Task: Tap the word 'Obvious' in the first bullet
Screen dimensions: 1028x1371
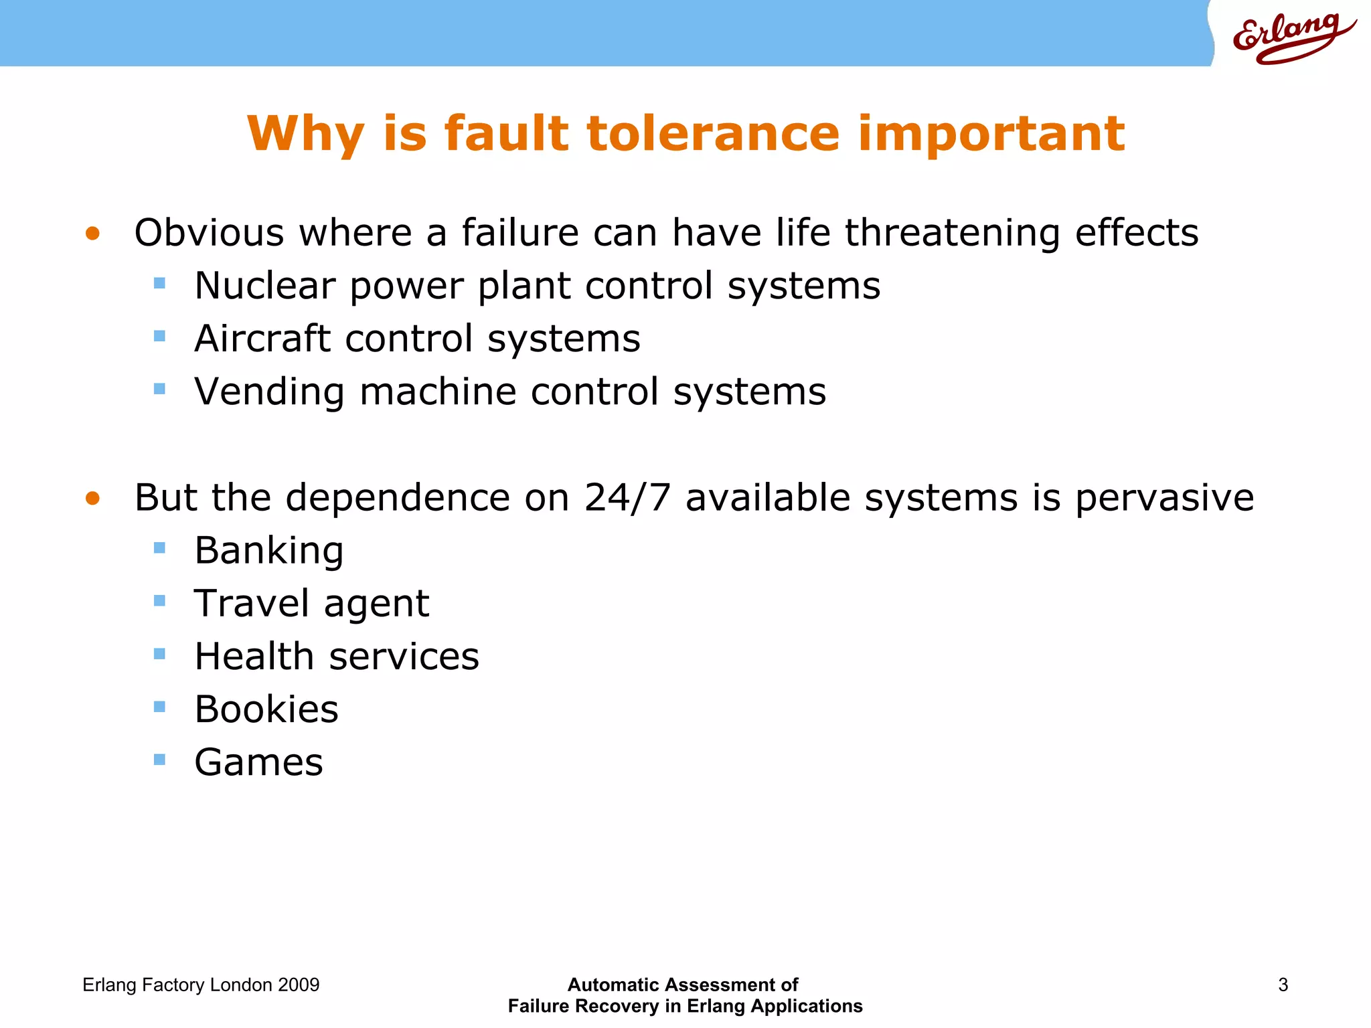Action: pyautogui.click(x=209, y=233)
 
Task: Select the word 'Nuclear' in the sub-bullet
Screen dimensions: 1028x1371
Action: pyautogui.click(x=264, y=286)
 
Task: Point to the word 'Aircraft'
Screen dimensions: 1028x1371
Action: pyautogui.click(x=262, y=339)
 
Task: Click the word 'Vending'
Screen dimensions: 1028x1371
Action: pyautogui.click(x=269, y=392)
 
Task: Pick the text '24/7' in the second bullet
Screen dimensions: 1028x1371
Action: pyautogui.click(x=627, y=498)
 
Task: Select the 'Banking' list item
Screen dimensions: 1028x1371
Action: pyautogui.click(x=269, y=551)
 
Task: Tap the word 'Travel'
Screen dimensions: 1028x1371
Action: pyautogui.click(x=251, y=604)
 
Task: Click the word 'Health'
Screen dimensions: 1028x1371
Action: pyautogui.click(x=254, y=657)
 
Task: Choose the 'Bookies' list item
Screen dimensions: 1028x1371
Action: pyautogui.click(x=266, y=709)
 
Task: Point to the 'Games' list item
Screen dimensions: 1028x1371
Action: pyautogui.click(x=258, y=762)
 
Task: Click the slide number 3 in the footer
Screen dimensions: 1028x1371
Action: pyautogui.click(x=1283, y=985)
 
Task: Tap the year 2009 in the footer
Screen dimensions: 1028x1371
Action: pyautogui.click(x=299, y=985)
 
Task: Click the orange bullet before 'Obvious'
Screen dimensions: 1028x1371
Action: pyautogui.click(x=92, y=234)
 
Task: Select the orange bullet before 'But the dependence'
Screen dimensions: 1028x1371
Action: pyautogui.click(x=92, y=499)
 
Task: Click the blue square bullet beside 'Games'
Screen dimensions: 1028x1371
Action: pyautogui.click(x=159, y=760)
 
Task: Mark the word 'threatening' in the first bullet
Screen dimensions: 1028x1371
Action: pyautogui.click(x=952, y=233)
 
